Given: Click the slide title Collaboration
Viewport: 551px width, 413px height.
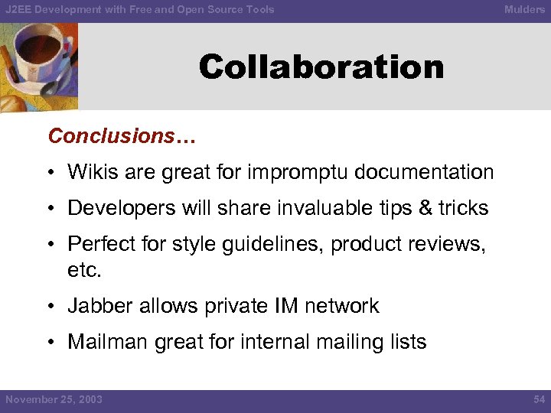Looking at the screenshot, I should tap(321, 67).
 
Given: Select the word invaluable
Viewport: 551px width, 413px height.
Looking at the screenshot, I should tap(315, 208).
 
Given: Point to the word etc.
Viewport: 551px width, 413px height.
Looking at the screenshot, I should tap(84, 271).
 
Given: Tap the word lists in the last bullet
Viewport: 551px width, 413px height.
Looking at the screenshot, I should tap(406, 342).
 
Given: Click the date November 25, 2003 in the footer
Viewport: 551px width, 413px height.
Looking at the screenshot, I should tap(54, 400).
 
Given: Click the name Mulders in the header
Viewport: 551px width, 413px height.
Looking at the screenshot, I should tap(524, 9).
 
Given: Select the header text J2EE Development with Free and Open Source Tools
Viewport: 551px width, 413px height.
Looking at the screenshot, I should tap(139, 9).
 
